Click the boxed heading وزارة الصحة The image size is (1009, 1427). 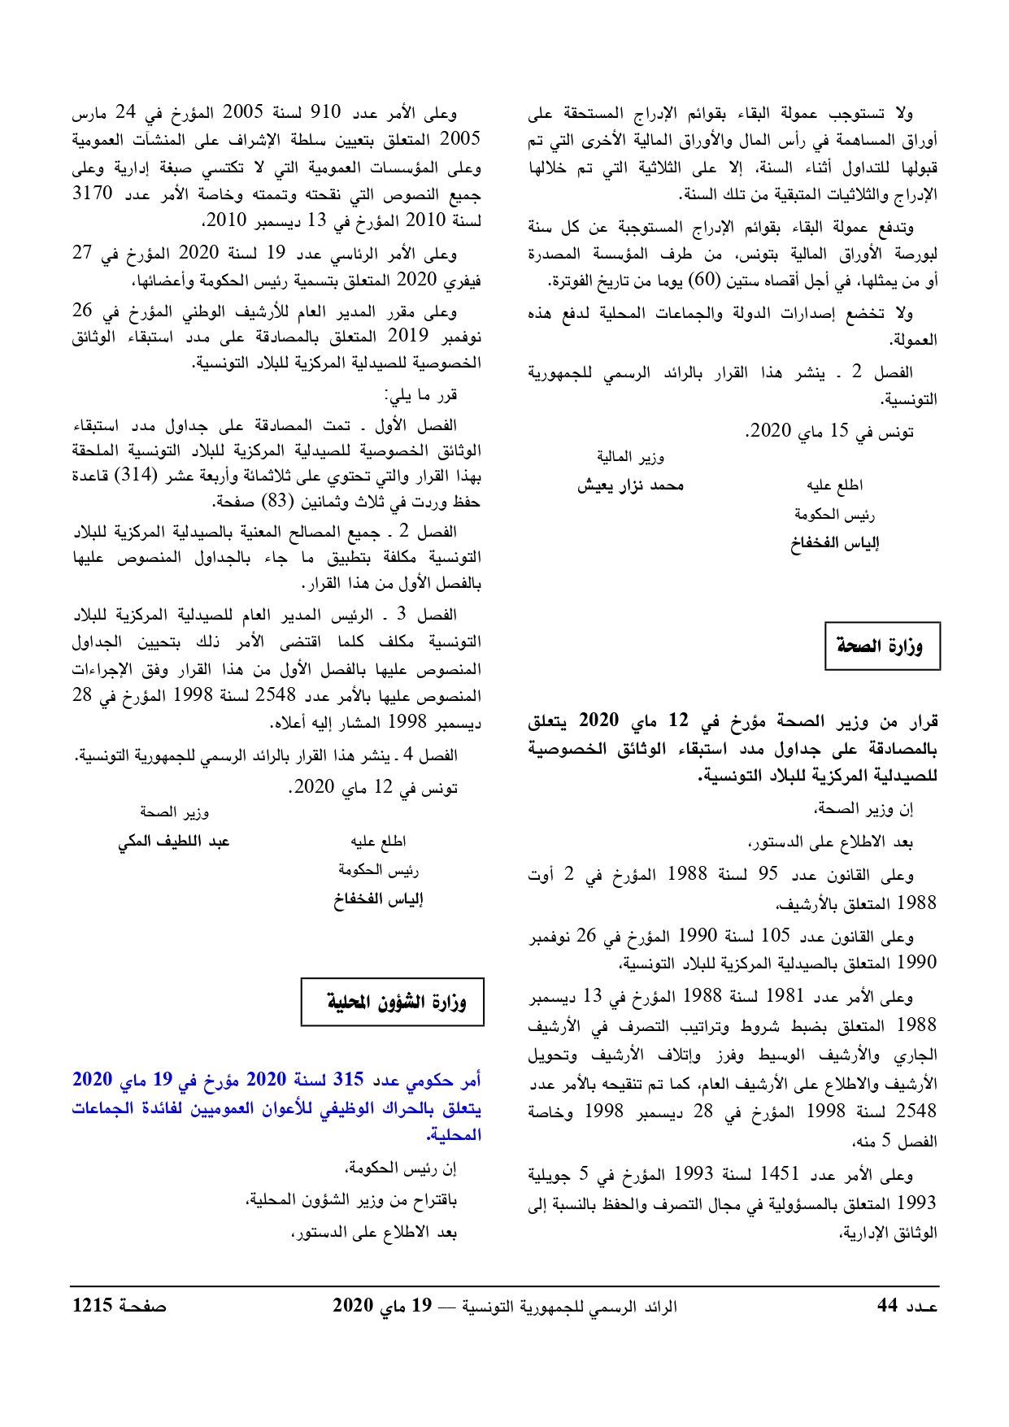click(x=882, y=647)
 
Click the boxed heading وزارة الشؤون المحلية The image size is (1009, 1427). click(x=396, y=1002)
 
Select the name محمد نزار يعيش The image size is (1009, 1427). click(x=630, y=486)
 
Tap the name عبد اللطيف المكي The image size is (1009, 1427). click(x=174, y=842)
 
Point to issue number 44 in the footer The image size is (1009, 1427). click(x=887, y=1306)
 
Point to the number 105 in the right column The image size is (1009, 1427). click(x=773, y=936)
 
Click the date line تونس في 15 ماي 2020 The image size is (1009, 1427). click(x=829, y=432)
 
